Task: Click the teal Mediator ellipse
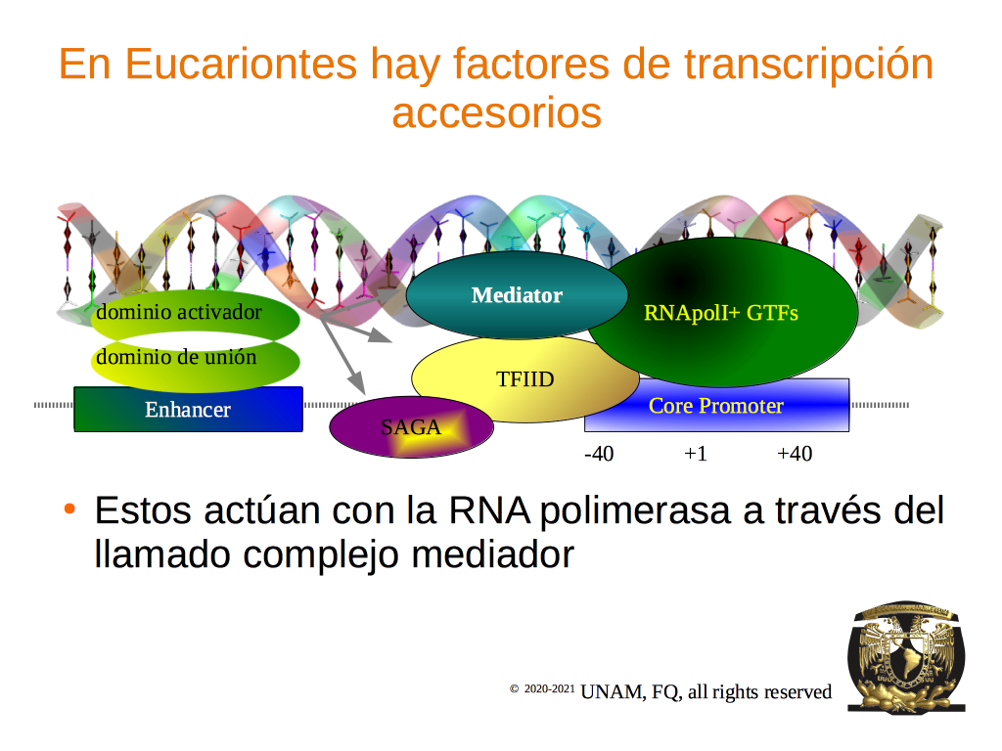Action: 517,295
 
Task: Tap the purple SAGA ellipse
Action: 411,426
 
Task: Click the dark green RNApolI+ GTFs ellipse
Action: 721,312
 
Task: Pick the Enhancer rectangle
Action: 188,410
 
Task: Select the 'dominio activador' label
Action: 179,312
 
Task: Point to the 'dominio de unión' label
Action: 176,356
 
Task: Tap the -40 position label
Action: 599,454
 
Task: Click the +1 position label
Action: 696,454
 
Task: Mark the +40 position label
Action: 795,454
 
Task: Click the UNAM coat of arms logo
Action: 906,657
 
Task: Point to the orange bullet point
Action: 69,508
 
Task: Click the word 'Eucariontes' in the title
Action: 241,65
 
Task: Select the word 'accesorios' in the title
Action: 496,113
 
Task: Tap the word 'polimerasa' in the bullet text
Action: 634,511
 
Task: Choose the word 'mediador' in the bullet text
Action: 493,553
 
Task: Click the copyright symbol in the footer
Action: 514,689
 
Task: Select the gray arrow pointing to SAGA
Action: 342,355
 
